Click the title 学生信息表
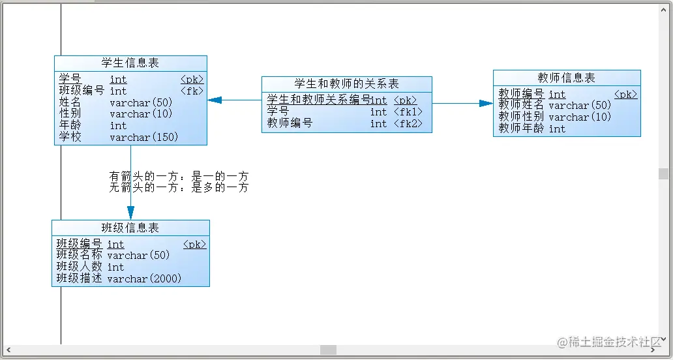pyautogui.click(x=130, y=63)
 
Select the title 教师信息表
pyautogui.click(x=567, y=78)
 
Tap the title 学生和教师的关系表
pyautogui.click(x=346, y=83)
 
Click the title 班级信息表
pyautogui.click(x=130, y=228)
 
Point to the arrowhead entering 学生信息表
pyautogui.click(x=215, y=100)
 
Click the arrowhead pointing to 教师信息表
pyautogui.click(x=486, y=103)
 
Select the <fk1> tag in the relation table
pyautogui.click(x=408, y=112)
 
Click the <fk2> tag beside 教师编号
pyautogui.click(x=408, y=123)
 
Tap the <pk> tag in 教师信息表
pyautogui.click(x=625, y=95)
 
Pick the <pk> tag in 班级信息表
pyautogui.click(x=194, y=245)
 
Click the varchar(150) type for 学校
pyautogui.click(x=143, y=138)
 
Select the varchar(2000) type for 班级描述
pyautogui.click(x=144, y=278)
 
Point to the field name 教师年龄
pyautogui.click(x=522, y=128)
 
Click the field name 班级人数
pyautogui.click(x=79, y=267)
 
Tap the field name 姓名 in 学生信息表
pyautogui.click(x=70, y=102)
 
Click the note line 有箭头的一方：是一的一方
pyautogui.click(x=179, y=177)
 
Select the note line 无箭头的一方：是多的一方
pyautogui.click(x=179, y=188)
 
